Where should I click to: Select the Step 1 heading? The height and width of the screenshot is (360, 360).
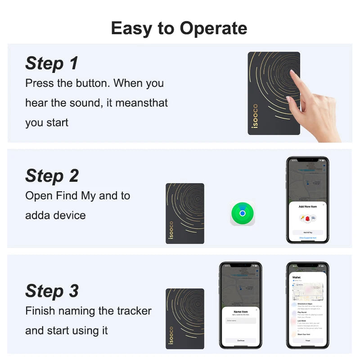coord(52,63)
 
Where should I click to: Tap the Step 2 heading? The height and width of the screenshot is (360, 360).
coord(52,176)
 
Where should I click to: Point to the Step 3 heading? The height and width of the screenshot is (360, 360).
coord(52,291)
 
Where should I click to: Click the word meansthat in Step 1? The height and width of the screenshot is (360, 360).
coord(141,103)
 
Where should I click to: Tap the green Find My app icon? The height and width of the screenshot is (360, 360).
coord(242,213)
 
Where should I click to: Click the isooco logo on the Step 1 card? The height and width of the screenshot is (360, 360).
coord(255,116)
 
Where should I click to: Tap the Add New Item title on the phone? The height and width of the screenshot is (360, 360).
coord(307,207)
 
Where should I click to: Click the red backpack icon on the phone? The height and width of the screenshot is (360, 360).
coord(308,218)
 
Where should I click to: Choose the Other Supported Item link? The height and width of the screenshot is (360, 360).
coord(307,238)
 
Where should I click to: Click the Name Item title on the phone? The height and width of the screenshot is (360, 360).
coord(240,311)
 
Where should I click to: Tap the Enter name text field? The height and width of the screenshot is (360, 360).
coord(240,320)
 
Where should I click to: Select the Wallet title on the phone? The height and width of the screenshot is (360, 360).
coord(297,277)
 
